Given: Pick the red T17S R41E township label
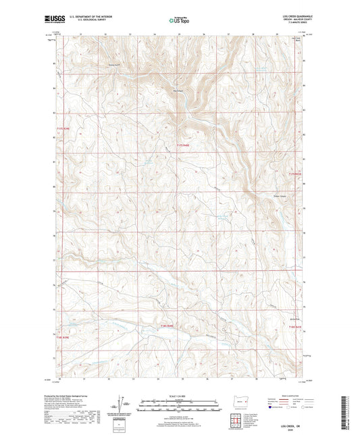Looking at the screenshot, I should click(x=292, y=174).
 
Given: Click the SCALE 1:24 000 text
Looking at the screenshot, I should click(x=179, y=395).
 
